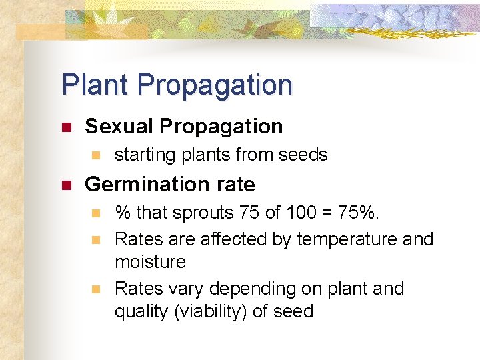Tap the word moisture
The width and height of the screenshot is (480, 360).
[x=150, y=262]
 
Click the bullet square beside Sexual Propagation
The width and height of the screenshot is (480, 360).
[x=66, y=127]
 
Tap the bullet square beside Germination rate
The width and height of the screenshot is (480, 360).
[x=66, y=185]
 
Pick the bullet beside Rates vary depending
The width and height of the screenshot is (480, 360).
[x=95, y=289]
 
